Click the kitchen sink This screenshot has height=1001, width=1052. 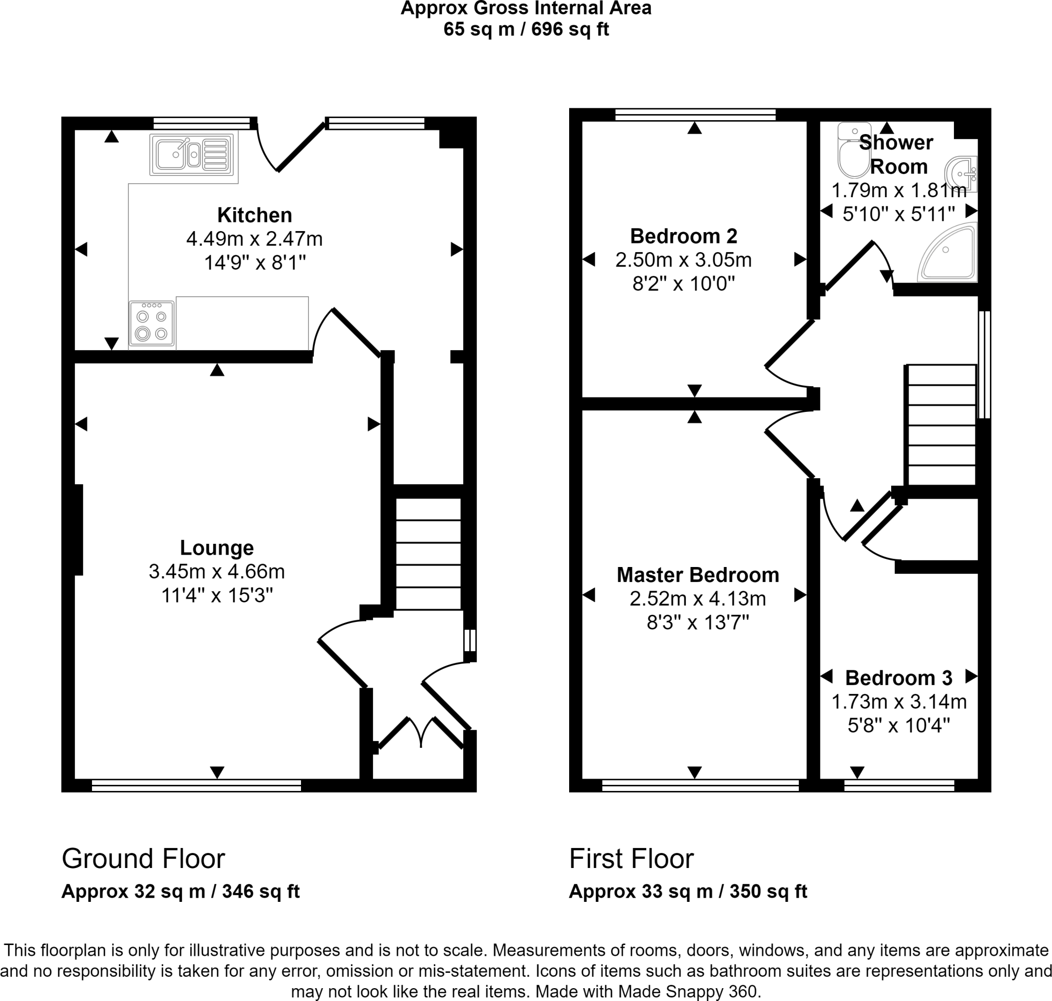click(192, 155)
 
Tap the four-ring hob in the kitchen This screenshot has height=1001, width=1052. click(152, 324)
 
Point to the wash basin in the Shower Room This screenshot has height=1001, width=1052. click(964, 174)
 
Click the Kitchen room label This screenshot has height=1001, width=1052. click(255, 215)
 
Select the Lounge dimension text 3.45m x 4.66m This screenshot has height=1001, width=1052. click(217, 572)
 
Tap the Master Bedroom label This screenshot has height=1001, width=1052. click(698, 575)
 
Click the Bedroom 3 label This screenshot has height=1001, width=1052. click(898, 677)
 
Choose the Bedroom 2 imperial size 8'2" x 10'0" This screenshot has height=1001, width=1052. click(683, 284)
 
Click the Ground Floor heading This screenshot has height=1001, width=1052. click(143, 859)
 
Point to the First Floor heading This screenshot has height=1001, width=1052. click(631, 859)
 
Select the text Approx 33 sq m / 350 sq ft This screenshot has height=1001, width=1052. click(687, 891)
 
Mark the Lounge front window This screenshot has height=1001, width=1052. click(196, 785)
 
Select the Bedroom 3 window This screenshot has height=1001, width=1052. click(899, 785)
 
